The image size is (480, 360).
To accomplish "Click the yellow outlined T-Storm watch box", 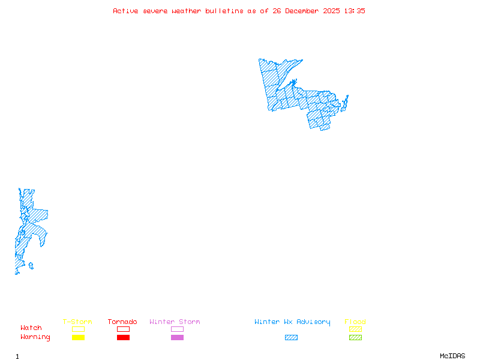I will click(78, 329).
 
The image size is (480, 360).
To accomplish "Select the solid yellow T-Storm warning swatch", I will click(78, 337).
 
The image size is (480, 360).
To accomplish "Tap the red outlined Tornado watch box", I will click(123, 329).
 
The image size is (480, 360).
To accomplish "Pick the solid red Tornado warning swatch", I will click(123, 337).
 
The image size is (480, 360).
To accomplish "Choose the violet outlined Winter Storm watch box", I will click(177, 329).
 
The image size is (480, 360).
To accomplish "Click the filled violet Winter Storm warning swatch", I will click(177, 337).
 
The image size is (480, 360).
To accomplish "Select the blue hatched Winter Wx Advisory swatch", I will click(291, 337).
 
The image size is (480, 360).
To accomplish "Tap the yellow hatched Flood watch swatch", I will click(355, 329).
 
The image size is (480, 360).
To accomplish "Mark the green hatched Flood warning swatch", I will click(355, 337).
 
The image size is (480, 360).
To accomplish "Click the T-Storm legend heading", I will click(77, 322).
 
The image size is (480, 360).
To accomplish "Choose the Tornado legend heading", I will click(122, 322).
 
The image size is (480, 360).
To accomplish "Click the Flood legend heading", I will click(355, 322).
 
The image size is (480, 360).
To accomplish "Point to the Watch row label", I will click(31, 328).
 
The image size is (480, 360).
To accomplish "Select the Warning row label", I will click(35, 337).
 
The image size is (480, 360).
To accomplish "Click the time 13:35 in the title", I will click(355, 11).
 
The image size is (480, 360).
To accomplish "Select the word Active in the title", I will click(125, 11).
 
